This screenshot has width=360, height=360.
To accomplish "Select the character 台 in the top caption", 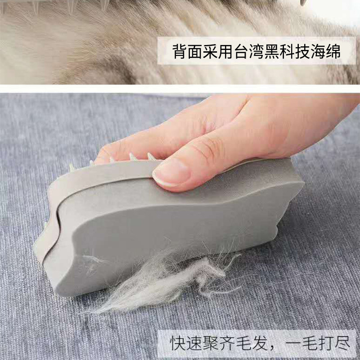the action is click(x=242, y=52).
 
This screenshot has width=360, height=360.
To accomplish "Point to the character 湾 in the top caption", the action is click(x=257, y=52).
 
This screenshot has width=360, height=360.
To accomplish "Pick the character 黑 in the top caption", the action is click(x=272, y=52).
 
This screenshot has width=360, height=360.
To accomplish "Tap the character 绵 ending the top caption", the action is click(x=333, y=52).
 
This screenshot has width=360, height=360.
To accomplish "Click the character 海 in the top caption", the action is click(x=318, y=52).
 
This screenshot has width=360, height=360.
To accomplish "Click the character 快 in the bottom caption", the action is click(x=177, y=343).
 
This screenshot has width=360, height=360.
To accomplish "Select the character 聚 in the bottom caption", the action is click(x=210, y=343).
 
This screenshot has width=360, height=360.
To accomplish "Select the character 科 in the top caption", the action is click(x=288, y=52).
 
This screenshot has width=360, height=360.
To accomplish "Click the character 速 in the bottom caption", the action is click(x=193, y=343).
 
